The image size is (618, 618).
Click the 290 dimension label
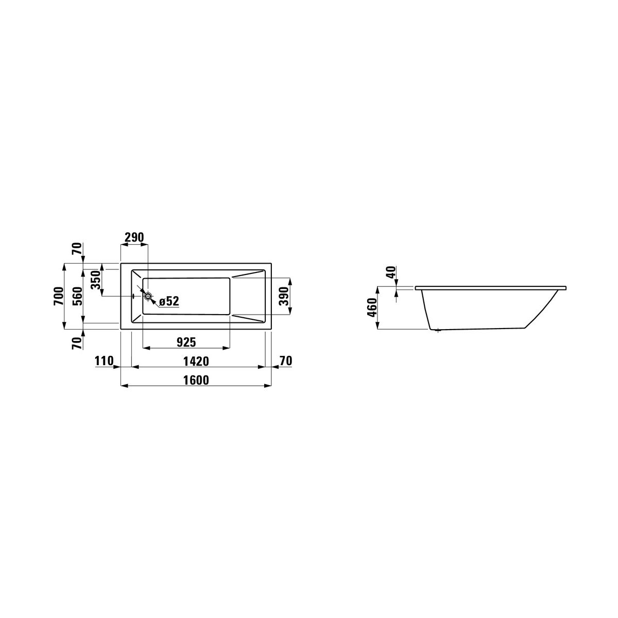(134, 237)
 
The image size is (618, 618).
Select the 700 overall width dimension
(59, 296)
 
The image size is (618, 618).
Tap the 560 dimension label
(78, 296)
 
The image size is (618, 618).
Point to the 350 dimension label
(96, 280)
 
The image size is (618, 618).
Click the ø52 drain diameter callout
(169, 301)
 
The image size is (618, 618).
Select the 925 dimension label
(186, 342)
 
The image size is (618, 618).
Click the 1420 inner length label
(196, 362)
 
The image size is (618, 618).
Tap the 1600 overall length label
(196, 380)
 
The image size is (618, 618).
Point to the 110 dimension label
(104, 361)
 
